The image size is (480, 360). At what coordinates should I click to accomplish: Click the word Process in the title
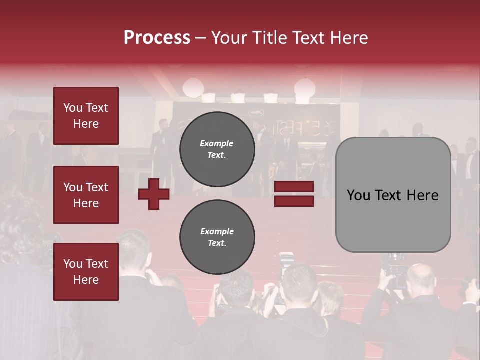(157, 38)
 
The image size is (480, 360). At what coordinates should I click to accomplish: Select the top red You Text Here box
(86, 116)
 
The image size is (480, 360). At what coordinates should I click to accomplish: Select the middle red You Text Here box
(86, 195)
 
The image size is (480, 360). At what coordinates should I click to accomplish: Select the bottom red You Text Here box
(86, 272)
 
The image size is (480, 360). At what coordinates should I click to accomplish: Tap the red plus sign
(154, 194)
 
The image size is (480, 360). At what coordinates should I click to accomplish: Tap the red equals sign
(294, 194)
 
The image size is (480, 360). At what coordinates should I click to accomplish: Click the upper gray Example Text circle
(217, 149)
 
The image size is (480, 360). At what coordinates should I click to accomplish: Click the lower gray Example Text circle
(217, 237)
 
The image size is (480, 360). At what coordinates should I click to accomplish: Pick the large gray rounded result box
(393, 195)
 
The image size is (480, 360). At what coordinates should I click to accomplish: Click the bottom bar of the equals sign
(294, 201)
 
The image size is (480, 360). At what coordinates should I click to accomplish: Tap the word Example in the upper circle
(217, 143)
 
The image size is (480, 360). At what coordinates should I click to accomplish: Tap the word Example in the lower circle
(217, 231)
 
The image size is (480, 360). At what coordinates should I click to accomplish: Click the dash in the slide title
(200, 38)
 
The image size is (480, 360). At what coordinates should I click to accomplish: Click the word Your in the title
(230, 38)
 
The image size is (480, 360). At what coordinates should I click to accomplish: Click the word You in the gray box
(359, 195)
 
